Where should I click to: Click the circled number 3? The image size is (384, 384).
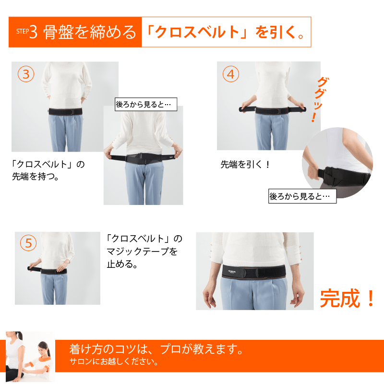tap(26, 74)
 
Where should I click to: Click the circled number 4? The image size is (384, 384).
tap(231, 74)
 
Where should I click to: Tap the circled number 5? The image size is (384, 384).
tap(28, 243)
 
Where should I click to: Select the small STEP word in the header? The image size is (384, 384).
tap(23, 31)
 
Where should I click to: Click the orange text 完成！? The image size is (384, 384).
tap(348, 298)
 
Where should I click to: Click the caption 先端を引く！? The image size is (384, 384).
tap(245, 164)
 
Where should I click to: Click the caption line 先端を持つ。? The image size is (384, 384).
tap(36, 176)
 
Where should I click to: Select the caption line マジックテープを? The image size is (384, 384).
tap(142, 251)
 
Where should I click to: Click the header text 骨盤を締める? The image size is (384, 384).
tap(89, 32)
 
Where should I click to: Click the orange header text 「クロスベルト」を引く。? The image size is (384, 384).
tap(226, 32)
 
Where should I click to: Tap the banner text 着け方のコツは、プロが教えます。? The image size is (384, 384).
tap(156, 349)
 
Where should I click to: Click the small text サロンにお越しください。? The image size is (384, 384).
tap(114, 361)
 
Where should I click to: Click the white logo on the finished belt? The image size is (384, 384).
tap(231, 271)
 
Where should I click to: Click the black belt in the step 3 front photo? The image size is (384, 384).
tap(65, 111)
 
